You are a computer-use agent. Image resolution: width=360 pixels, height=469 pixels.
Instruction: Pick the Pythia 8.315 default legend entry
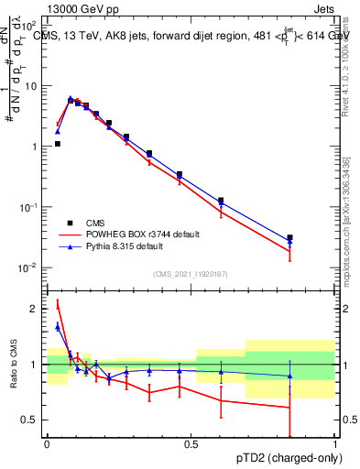coord(124,246)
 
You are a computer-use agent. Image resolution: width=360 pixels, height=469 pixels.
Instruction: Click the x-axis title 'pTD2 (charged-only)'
coord(285,459)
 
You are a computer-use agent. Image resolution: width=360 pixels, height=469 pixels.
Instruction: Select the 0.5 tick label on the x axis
coord(191,444)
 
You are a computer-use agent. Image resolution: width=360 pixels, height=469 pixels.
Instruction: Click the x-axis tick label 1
coord(334,444)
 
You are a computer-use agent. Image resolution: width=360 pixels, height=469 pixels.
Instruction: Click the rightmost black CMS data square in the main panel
coord(289,238)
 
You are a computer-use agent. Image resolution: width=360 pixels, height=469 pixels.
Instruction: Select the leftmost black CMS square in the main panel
coord(58,144)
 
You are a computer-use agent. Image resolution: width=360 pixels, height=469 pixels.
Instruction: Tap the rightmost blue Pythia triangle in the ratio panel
coord(289,376)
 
